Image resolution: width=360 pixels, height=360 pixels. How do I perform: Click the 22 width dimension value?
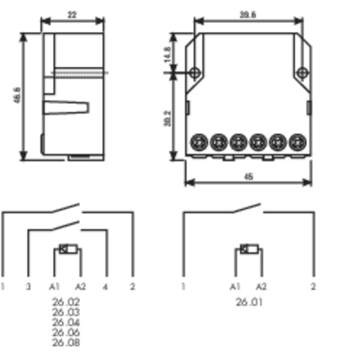pyautogui.click(x=72, y=14)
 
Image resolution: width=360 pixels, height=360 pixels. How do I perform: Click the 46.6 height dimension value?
pyautogui.click(x=17, y=96)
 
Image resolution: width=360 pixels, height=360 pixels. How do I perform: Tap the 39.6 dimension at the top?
pyautogui.click(x=247, y=14)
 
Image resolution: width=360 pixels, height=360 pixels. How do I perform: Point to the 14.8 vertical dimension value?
pyautogui.click(x=167, y=54)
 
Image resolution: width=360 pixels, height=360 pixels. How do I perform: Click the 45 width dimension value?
pyautogui.click(x=248, y=177)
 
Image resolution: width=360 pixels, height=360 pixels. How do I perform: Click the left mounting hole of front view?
pyautogui.click(x=195, y=72)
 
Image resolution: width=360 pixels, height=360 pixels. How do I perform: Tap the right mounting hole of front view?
pyautogui.click(x=303, y=72)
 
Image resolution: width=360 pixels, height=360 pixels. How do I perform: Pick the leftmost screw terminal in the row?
pyautogui.click(x=198, y=143)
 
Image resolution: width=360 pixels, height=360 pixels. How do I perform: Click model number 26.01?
pyautogui.click(x=249, y=302)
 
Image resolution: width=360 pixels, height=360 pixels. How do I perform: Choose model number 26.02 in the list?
pyautogui.click(x=66, y=302)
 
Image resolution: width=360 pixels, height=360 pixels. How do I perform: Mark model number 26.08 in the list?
pyautogui.click(x=66, y=343)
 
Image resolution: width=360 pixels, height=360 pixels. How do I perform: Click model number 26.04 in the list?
pyautogui.click(x=66, y=322)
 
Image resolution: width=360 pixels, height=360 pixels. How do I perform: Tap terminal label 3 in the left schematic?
pyautogui.click(x=28, y=287)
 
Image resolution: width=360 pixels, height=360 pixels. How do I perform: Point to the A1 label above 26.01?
pyautogui.click(x=235, y=287)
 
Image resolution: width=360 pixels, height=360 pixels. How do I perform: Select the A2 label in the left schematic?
pyautogui.click(x=80, y=287)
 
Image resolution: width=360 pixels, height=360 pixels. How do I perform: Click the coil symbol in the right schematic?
pyautogui.click(x=248, y=249)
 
